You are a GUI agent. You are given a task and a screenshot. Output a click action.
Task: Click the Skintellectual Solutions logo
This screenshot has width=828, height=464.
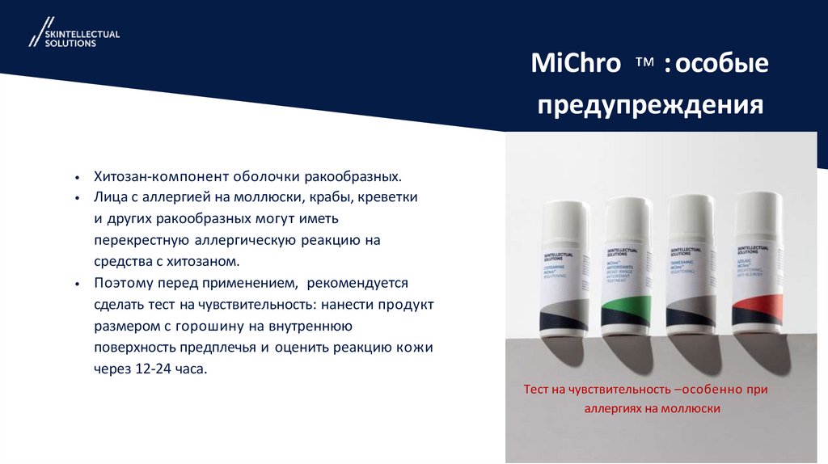click(74, 36)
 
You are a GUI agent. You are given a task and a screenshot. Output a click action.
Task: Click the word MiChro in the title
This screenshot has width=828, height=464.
click(575, 63)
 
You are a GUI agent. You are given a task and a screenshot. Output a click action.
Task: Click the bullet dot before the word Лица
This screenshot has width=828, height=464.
click(76, 199)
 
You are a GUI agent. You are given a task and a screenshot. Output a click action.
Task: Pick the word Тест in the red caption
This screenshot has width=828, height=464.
click(538, 390)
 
